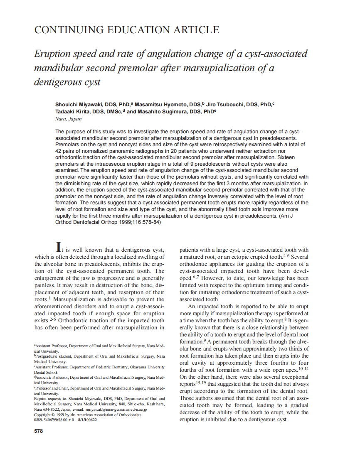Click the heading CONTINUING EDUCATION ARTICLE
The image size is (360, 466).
126,30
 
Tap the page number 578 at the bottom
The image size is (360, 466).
38,431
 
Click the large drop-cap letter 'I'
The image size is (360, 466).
59,247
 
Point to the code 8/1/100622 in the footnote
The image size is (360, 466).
87,420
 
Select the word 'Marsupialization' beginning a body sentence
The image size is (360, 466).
71,299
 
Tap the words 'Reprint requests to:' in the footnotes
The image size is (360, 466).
50,398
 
